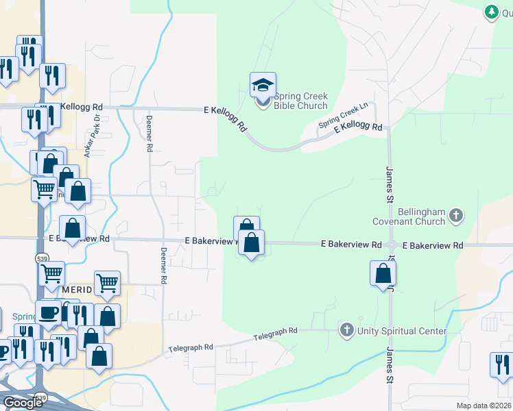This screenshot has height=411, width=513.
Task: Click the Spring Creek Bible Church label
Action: click(x=300, y=101)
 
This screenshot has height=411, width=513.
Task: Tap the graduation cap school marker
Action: click(x=263, y=86)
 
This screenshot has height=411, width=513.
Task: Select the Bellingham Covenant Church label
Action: click(x=409, y=216)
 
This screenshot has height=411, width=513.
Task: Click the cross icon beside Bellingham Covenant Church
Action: click(x=456, y=216)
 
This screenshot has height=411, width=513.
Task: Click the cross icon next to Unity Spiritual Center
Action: click(x=347, y=331)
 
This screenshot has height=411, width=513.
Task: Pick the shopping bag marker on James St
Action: click(x=383, y=273)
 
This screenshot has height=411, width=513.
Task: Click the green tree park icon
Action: click(x=491, y=12)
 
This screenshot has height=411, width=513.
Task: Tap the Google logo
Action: click(x=23, y=402)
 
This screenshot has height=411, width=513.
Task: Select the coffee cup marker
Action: click(x=48, y=312)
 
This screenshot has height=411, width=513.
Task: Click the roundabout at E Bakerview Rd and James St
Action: click(x=392, y=245)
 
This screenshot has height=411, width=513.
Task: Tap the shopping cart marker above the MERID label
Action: click(x=107, y=282)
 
